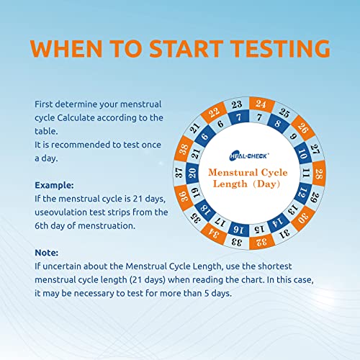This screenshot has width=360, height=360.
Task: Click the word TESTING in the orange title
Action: tap(280, 48)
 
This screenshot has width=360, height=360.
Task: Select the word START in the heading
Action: tap(186, 48)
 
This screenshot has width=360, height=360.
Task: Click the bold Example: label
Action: tap(54, 185)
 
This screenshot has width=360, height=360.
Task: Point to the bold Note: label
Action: tap(47, 253)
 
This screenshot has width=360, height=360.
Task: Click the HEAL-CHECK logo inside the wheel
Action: tap(249, 156)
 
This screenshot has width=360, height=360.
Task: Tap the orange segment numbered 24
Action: tap(261, 104)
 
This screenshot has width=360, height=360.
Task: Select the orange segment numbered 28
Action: tap(319, 174)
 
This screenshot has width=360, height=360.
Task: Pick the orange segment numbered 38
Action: tap(184, 148)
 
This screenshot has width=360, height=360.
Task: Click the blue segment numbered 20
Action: tap(192, 173)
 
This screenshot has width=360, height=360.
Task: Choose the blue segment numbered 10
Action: tap(303, 153)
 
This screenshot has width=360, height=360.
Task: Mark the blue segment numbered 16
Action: tap(238, 229)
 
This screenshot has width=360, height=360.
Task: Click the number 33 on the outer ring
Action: tap(236, 243)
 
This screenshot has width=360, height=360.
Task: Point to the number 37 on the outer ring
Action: tap(179, 173)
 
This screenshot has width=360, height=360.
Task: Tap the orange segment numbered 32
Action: tap(261, 243)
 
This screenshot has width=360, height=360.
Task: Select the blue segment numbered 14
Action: tap(278, 222)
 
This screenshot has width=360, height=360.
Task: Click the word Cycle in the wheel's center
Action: tap(274, 173)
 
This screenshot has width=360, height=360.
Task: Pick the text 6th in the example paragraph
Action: tap(42, 225)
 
